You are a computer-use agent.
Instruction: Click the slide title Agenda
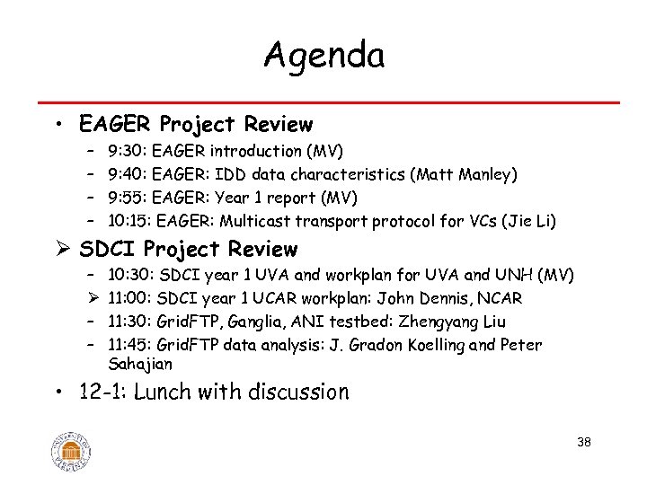click(x=323, y=56)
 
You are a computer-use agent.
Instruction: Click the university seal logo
click(x=72, y=446)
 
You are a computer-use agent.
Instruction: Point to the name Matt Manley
click(x=465, y=174)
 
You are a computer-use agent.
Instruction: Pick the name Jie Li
click(x=535, y=221)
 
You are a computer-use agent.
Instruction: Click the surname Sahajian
click(x=139, y=364)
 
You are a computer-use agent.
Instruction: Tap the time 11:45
click(x=129, y=345)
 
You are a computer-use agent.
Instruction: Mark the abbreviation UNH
click(x=518, y=275)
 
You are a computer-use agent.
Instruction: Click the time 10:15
click(x=129, y=221)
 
